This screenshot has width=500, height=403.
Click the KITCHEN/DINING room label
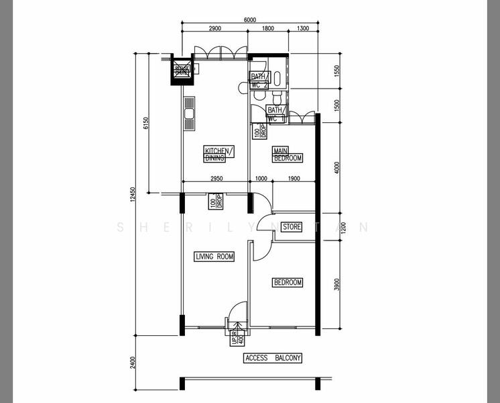(x=219, y=154)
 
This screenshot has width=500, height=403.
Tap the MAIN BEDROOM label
(x=288, y=154)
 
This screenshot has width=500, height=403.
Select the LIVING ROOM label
(x=214, y=257)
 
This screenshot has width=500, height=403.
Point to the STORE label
(x=292, y=227)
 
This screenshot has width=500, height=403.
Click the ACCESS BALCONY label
(x=273, y=358)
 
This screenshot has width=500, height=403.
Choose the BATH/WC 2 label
(x=259, y=81)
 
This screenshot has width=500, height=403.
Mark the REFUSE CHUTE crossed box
(x=182, y=69)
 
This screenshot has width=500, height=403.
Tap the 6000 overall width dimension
(x=249, y=20)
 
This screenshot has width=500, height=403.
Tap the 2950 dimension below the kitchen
(x=216, y=179)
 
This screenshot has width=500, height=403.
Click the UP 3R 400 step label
(x=235, y=337)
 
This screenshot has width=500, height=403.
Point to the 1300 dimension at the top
(x=302, y=29)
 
